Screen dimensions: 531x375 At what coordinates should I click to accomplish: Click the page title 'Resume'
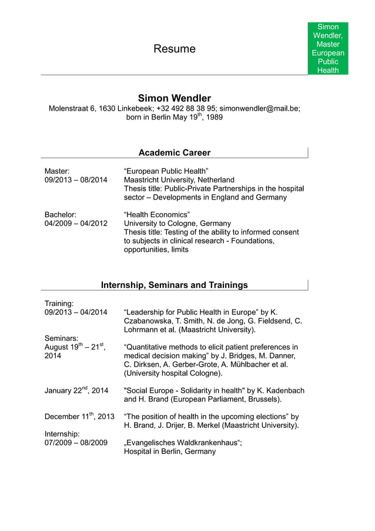coord(175,49)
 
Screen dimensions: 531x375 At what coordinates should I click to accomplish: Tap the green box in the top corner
coord(328,48)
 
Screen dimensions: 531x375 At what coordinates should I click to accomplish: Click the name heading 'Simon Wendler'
coord(175,98)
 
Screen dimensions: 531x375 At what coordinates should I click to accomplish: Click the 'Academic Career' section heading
coord(175,153)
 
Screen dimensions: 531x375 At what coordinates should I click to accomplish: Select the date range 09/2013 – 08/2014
coord(76,180)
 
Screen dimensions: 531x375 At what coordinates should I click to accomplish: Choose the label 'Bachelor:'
coord(61,214)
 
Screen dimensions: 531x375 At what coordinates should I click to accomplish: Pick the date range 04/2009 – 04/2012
coord(76,224)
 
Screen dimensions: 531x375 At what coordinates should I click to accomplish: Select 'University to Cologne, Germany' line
coord(177,224)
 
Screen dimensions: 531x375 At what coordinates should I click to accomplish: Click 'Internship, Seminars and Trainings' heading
coord(175,286)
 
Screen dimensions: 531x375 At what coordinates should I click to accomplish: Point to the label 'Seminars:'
coord(62,338)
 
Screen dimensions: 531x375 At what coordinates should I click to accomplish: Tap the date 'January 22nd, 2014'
coord(76,390)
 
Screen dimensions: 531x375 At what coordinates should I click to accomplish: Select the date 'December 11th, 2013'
coord(79,416)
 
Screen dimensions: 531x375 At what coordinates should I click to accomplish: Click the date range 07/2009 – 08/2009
coord(76,443)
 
